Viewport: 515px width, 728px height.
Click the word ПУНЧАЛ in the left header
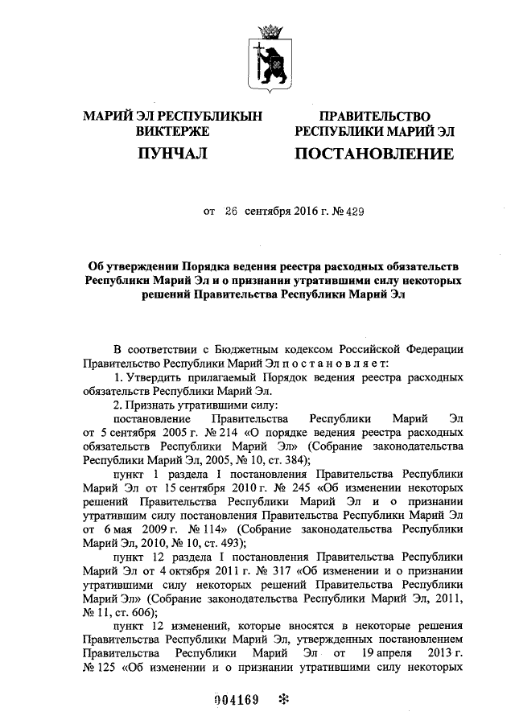point(173,152)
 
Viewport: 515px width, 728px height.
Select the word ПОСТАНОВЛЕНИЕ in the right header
point(373,152)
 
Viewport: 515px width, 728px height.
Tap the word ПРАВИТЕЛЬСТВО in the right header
point(374,117)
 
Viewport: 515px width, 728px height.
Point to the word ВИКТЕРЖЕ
point(173,130)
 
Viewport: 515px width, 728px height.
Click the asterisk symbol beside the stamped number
point(283,699)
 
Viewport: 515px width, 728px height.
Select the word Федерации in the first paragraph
point(435,348)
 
